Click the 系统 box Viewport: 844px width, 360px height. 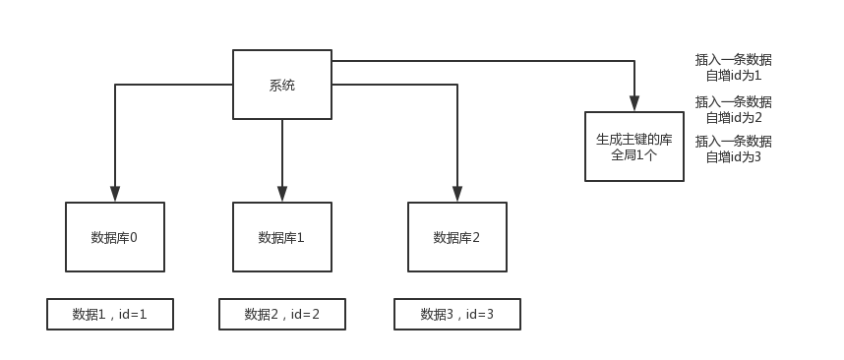(281, 86)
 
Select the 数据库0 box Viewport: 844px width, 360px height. (114, 237)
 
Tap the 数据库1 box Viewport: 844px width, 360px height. (281, 237)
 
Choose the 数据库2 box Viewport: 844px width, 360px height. (456, 237)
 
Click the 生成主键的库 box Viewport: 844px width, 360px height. (633, 146)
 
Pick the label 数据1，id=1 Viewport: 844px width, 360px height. (110, 314)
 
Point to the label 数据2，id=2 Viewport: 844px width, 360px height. (281, 314)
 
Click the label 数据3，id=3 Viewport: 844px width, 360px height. (456, 314)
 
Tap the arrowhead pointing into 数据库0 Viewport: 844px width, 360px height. (115, 195)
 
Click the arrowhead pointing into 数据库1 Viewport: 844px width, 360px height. (282, 195)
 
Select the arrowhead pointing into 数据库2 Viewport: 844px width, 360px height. (457, 195)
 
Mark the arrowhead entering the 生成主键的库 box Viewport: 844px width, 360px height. (634, 103)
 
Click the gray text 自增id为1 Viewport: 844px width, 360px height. (733, 75)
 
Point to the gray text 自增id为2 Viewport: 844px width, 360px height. (733, 117)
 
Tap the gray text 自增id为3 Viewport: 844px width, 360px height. (733, 156)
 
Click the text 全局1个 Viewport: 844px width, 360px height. (633, 154)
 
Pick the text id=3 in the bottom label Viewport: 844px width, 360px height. (479, 315)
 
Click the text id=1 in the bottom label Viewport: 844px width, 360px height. (133, 315)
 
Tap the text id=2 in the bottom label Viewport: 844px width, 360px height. (304, 315)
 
